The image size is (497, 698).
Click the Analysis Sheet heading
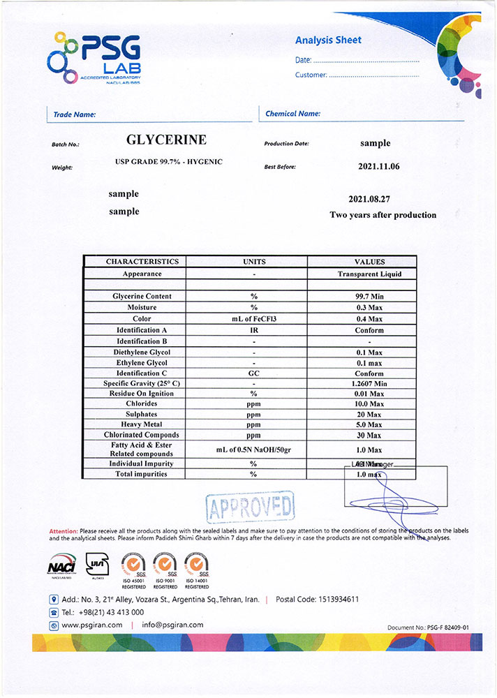(x=328, y=40)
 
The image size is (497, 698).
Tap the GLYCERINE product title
(x=165, y=140)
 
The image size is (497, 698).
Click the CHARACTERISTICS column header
(x=142, y=262)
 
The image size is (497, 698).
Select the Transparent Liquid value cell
(x=369, y=274)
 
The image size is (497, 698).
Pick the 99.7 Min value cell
(x=369, y=296)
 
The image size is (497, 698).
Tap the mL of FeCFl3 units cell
(x=254, y=318)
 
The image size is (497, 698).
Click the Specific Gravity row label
(x=142, y=383)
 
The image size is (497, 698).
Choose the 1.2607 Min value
(x=369, y=383)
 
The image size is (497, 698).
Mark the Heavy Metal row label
(x=142, y=424)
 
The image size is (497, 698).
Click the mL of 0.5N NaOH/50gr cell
(x=253, y=450)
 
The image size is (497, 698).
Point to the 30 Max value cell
(x=369, y=435)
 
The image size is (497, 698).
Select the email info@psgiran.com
(x=172, y=625)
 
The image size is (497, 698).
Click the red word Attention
(x=64, y=531)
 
